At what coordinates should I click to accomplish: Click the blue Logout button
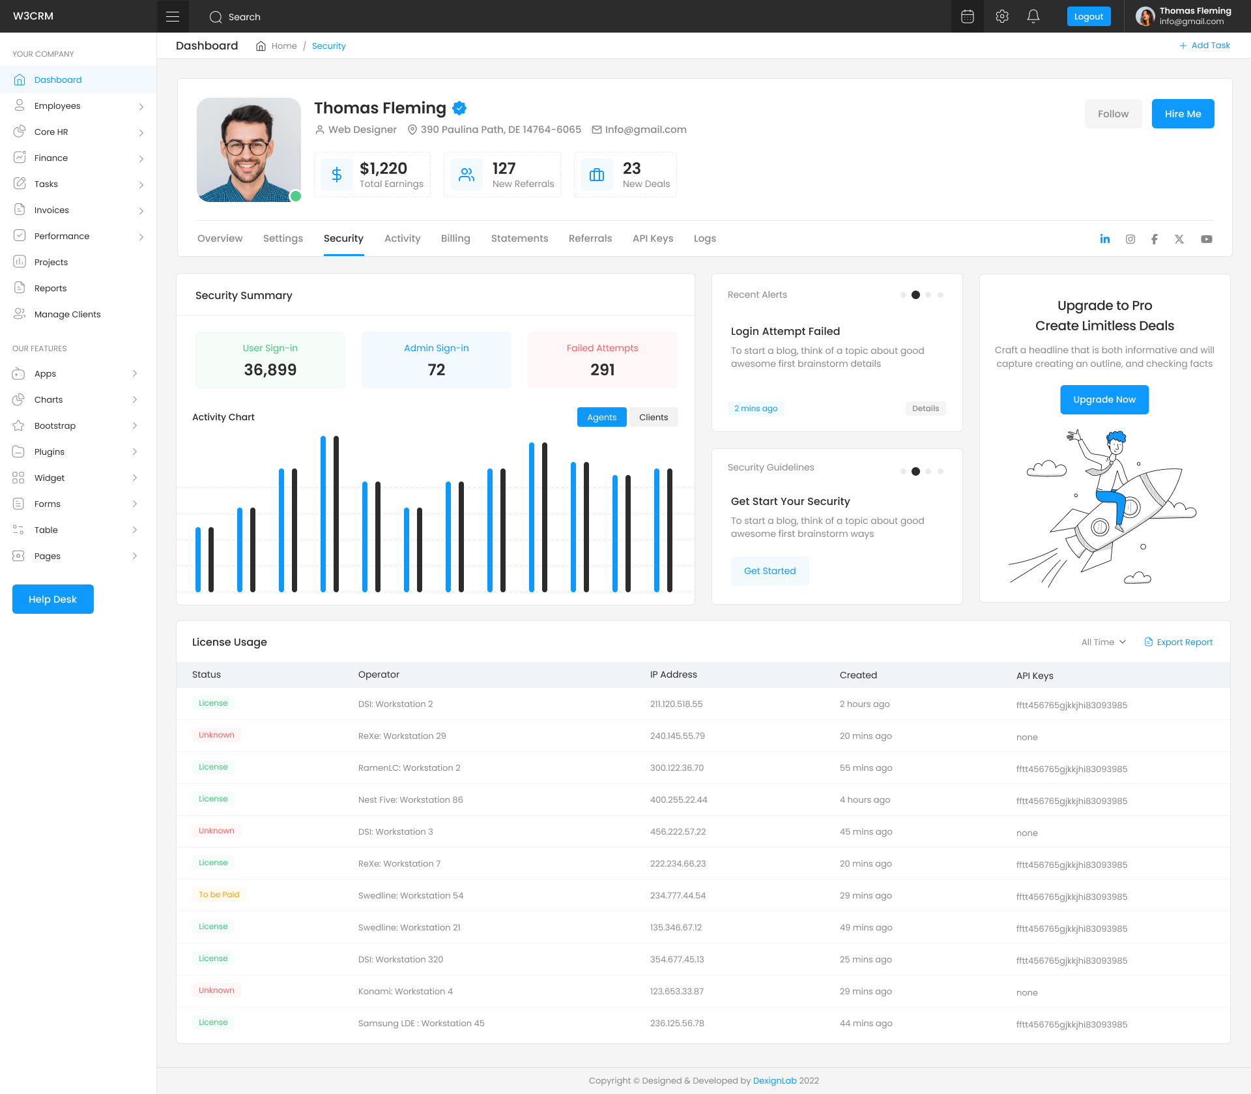(x=1088, y=17)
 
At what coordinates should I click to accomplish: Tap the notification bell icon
(x=1033, y=17)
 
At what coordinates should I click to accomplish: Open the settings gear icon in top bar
(x=1002, y=17)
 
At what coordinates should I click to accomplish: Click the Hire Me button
(x=1183, y=114)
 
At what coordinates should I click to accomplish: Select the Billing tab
(x=455, y=238)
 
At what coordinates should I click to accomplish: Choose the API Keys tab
(x=653, y=238)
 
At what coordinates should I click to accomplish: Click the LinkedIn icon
(x=1105, y=239)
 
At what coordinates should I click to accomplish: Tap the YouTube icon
(x=1207, y=239)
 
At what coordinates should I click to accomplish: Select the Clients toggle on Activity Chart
(x=654, y=417)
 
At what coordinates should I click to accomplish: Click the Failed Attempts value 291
(x=603, y=370)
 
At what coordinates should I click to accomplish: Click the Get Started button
(x=769, y=571)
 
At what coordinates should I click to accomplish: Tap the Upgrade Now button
(x=1104, y=399)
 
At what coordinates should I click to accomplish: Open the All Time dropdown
(x=1104, y=642)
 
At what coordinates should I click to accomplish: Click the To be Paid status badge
(x=219, y=895)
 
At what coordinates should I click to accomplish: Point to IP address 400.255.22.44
(x=678, y=800)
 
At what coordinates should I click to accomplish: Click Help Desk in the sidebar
(x=53, y=599)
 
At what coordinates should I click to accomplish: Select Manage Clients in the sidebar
(x=67, y=314)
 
